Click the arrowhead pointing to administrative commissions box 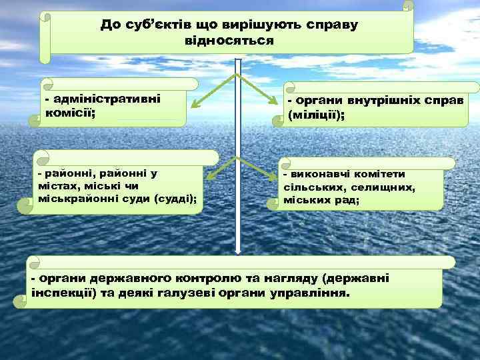[x=192, y=105]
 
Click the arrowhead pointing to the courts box [x=209, y=177]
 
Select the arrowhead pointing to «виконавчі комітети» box [x=274, y=177]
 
